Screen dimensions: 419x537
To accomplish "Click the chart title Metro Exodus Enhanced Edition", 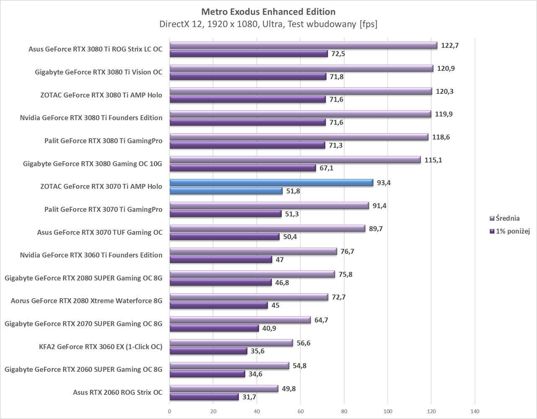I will click(268, 11).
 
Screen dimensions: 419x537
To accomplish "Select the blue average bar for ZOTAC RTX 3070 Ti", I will click(271, 183).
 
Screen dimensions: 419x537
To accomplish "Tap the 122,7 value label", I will click(450, 45).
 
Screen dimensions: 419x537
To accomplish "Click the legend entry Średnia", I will click(507, 218).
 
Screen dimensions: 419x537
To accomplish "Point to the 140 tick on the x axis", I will click(475, 411).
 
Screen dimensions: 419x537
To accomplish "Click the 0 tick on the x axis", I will click(170, 411).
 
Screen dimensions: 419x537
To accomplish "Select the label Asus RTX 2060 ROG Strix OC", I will click(117, 393).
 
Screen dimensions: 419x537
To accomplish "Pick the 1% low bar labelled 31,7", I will click(204, 397).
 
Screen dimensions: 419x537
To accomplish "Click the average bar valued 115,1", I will click(295, 160).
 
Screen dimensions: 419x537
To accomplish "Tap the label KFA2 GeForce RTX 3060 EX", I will click(100, 347).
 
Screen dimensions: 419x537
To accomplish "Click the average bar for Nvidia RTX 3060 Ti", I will click(253, 251).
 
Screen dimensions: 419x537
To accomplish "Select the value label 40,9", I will click(268, 328).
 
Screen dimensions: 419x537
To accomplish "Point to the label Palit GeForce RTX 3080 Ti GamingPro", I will click(103, 141).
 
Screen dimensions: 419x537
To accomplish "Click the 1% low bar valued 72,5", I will click(248, 54).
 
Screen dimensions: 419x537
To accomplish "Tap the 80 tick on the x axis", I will click(344, 411).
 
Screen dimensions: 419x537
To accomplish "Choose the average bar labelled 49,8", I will click(224, 388).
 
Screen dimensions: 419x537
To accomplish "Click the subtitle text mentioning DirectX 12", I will click(268, 24).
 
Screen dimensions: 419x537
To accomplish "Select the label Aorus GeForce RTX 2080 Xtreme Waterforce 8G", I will click(86, 301).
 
